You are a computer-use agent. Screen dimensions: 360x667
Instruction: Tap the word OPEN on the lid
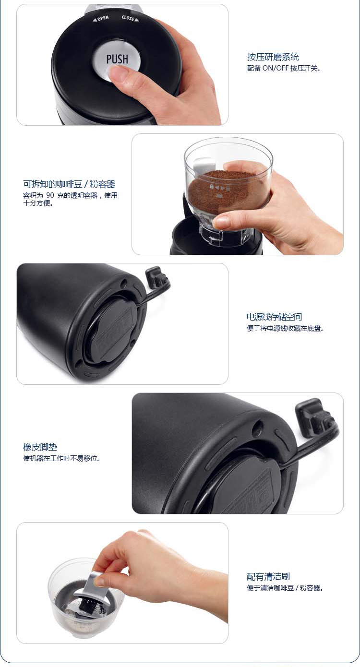tap(103, 18)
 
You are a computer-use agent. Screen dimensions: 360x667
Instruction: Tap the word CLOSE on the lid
tap(128, 18)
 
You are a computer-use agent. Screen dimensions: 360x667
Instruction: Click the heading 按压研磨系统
tap(273, 57)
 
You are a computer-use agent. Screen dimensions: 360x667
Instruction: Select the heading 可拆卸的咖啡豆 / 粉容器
tap(69, 184)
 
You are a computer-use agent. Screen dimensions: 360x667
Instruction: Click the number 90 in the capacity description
tap(50, 195)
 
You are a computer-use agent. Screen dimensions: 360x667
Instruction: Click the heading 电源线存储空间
tap(274, 317)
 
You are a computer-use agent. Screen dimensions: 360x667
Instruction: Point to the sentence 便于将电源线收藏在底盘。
tap(285, 328)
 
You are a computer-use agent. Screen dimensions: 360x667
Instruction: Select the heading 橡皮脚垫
tap(40, 447)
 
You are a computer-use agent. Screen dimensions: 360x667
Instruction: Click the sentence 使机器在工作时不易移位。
tap(61, 458)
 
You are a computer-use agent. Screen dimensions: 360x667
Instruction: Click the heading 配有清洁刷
tap(268, 577)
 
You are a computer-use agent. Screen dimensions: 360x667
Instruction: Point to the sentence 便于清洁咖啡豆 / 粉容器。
tap(285, 588)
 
